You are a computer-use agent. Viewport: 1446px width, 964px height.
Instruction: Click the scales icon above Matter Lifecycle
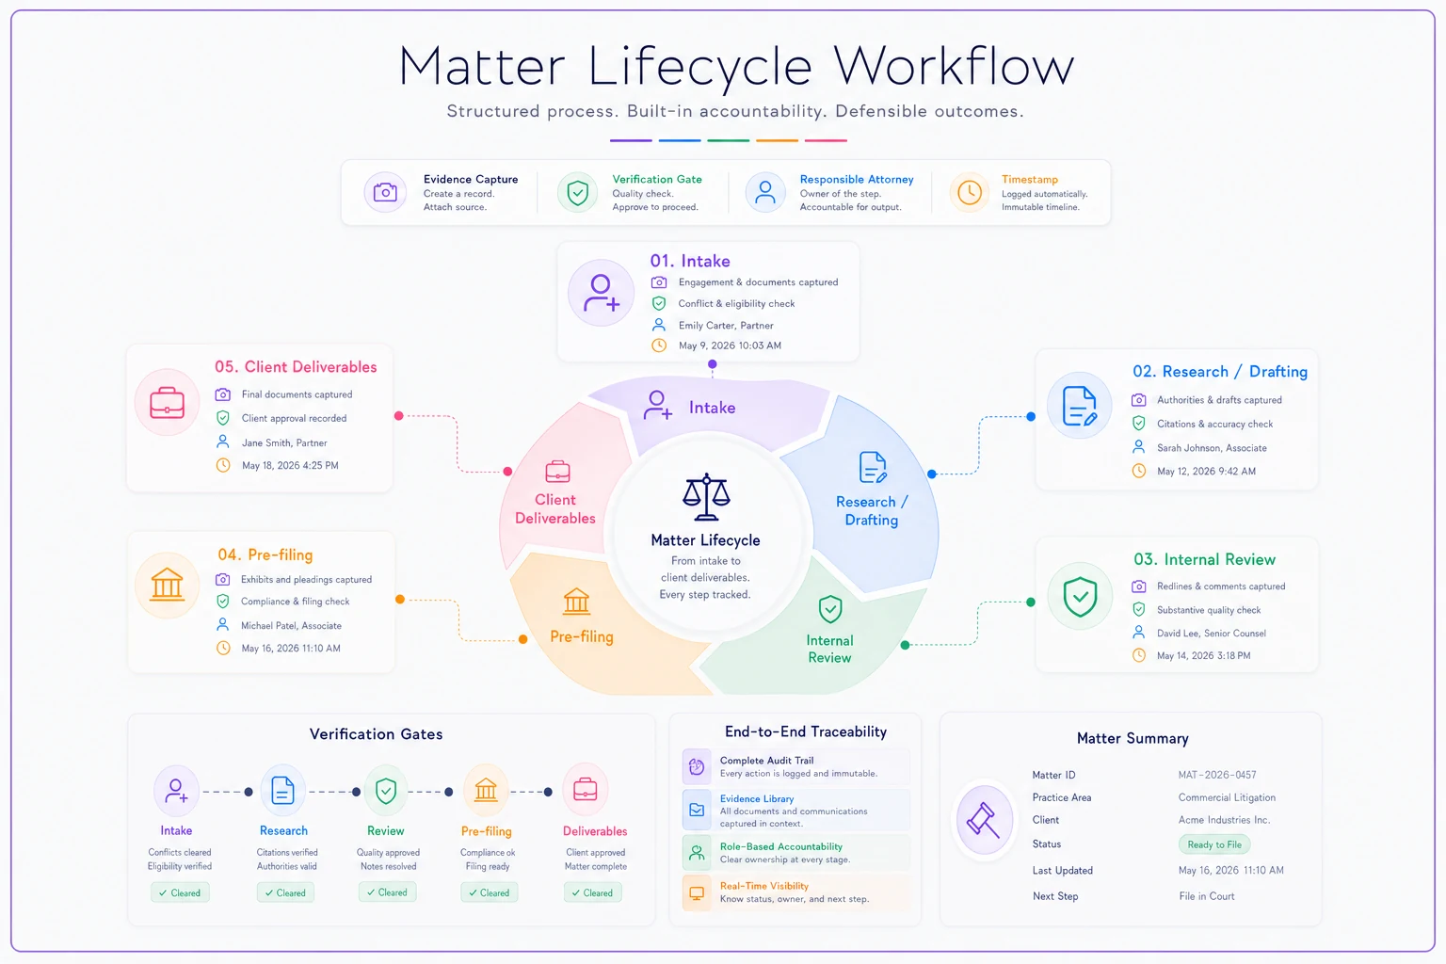coord(706,496)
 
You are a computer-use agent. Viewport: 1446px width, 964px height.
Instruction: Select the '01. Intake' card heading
coord(689,261)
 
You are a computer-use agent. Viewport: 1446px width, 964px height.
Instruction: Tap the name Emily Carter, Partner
coord(726,326)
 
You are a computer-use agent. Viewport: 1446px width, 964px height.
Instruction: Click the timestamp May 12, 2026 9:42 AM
coord(1206,472)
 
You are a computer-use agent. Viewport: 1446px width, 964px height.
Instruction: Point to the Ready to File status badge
coord(1214,844)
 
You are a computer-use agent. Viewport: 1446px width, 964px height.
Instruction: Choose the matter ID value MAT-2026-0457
coord(1217,775)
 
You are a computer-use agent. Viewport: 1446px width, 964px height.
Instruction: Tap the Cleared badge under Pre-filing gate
coord(490,893)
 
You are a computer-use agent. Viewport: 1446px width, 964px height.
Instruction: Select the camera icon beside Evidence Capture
coord(385,192)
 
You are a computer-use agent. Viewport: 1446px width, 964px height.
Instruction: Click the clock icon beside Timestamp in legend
coord(970,192)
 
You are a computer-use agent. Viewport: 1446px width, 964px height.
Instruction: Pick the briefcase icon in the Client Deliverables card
coord(168,402)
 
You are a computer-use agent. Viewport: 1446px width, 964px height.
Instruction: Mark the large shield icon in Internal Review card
coord(1080,597)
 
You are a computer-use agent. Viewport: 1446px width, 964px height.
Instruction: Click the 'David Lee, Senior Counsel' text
coord(1211,634)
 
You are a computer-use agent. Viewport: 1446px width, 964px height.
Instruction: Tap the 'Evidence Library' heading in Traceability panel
coord(757,798)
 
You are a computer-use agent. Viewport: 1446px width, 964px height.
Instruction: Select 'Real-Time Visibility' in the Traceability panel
coord(764,886)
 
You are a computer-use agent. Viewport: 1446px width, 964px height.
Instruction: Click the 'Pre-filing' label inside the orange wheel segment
coord(582,636)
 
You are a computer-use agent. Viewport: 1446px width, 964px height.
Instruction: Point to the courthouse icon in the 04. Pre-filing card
coord(168,585)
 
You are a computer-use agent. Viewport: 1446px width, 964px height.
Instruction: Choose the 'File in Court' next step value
coord(1207,896)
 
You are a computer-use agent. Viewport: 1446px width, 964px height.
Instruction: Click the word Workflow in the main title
coord(954,67)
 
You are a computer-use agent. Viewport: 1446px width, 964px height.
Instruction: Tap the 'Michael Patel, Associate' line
coord(291,626)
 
